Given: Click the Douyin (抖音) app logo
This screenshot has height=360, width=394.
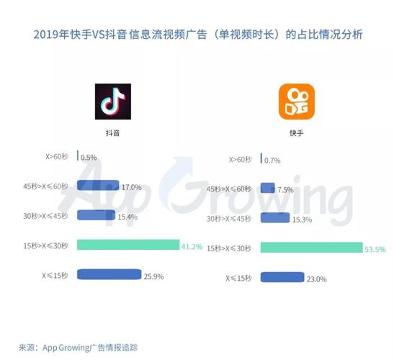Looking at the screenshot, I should point(112,102).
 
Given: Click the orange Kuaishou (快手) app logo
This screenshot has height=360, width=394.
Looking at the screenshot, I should point(297,102).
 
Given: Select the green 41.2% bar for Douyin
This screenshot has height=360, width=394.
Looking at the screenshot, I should point(127,245).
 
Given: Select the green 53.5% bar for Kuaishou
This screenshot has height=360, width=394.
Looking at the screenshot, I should point(311,248).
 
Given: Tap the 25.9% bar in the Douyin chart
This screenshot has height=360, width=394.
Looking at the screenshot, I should point(107,274).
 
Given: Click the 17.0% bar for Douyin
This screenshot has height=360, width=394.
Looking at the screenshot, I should point(98,186).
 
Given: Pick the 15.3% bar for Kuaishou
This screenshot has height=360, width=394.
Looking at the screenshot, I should point(275,217).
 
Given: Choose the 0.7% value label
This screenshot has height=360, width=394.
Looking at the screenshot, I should point(273,159).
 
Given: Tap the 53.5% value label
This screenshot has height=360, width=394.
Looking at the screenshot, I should point(375,248).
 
